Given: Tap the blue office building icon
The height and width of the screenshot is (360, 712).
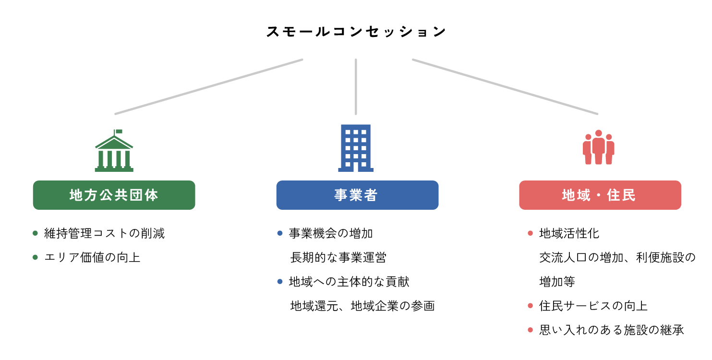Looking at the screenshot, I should [x=356, y=148].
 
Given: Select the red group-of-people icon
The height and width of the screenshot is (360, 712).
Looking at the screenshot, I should [x=598, y=148].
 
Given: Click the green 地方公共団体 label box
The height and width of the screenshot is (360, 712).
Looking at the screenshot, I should [x=114, y=195].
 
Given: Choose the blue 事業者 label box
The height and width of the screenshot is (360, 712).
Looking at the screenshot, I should [x=357, y=195].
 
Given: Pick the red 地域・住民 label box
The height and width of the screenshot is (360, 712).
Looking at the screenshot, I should [x=600, y=195].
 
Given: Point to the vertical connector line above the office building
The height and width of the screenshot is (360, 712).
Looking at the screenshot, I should [x=356, y=86].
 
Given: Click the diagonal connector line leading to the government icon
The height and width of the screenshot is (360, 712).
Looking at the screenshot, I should [x=209, y=86].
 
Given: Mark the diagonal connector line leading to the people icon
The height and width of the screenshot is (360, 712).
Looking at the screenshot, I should [x=505, y=86].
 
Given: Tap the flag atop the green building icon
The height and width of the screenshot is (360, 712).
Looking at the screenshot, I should [x=119, y=131].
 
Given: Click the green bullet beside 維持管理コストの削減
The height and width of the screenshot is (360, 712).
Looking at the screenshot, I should [x=35, y=233].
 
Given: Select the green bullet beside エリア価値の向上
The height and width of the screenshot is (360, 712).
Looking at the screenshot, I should [x=35, y=257].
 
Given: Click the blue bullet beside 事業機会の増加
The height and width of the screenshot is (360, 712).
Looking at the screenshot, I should [x=280, y=233].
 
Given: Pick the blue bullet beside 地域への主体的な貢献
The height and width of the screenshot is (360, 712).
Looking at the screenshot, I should [x=280, y=281].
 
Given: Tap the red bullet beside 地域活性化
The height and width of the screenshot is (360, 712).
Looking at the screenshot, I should [x=530, y=233].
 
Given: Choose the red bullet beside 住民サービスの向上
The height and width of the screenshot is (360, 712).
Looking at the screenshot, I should [x=530, y=305].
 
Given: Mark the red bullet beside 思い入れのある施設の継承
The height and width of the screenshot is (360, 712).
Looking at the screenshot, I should [x=530, y=330].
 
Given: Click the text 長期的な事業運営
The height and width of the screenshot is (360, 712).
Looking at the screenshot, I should [x=338, y=257].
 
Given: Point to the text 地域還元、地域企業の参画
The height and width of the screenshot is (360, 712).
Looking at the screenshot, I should [x=362, y=306].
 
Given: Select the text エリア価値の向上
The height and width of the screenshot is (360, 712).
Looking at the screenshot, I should [x=92, y=257].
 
